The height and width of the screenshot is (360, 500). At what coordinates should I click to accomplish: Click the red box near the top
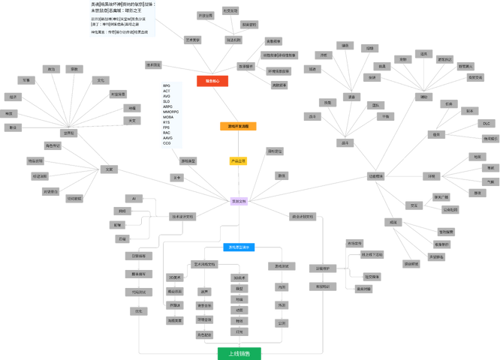coord(212,81)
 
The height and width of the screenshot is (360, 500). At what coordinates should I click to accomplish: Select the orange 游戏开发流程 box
coord(238,126)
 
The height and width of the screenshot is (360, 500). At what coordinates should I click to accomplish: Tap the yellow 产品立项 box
coord(238,160)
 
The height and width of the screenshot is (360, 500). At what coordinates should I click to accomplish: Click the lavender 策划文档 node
coord(239,201)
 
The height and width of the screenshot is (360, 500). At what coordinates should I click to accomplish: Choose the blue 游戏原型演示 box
coord(239,247)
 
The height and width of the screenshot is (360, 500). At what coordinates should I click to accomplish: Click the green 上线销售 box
coord(239,353)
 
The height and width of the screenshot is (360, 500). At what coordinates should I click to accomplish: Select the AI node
coord(134,198)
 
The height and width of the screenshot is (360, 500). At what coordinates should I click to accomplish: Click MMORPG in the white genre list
coord(171,112)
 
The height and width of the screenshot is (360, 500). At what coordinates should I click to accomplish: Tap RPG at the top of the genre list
coord(167,85)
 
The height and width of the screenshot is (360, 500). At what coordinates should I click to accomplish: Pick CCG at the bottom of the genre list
coord(167,143)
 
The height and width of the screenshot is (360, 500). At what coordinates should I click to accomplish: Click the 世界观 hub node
coord(69,133)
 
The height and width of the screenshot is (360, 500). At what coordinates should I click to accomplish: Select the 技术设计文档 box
coord(182,216)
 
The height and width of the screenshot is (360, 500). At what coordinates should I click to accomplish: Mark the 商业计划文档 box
coord(303,216)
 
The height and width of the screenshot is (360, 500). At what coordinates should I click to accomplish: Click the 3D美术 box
coord(239,277)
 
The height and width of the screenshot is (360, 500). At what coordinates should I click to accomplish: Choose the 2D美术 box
coord(175,277)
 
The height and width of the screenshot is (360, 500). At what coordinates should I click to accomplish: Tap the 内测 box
coord(282,286)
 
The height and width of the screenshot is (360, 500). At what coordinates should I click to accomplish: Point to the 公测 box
coord(282,323)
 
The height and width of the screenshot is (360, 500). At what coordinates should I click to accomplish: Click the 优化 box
coord(138,310)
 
